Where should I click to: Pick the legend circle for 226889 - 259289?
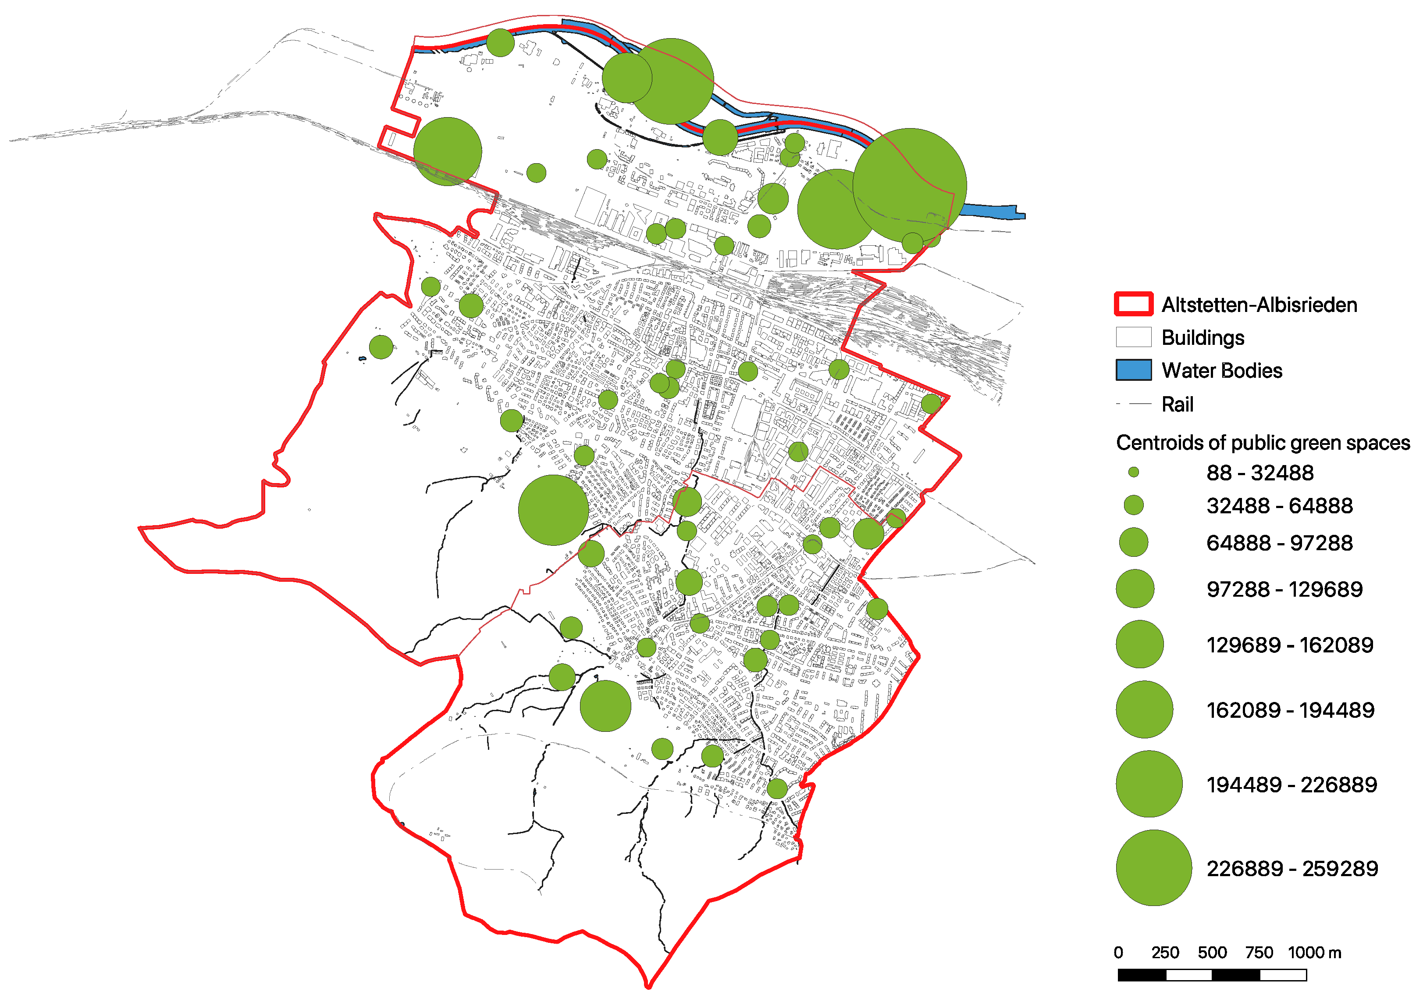coord(1153,867)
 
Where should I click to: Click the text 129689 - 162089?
coord(1289,645)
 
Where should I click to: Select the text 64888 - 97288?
coord(1279,543)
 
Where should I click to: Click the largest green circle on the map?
coord(910,185)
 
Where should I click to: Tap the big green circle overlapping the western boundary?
coord(447,151)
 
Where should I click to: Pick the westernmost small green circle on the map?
coord(381,347)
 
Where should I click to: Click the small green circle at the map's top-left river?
coord(500,43)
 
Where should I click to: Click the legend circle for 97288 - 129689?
coord(1135,589)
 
